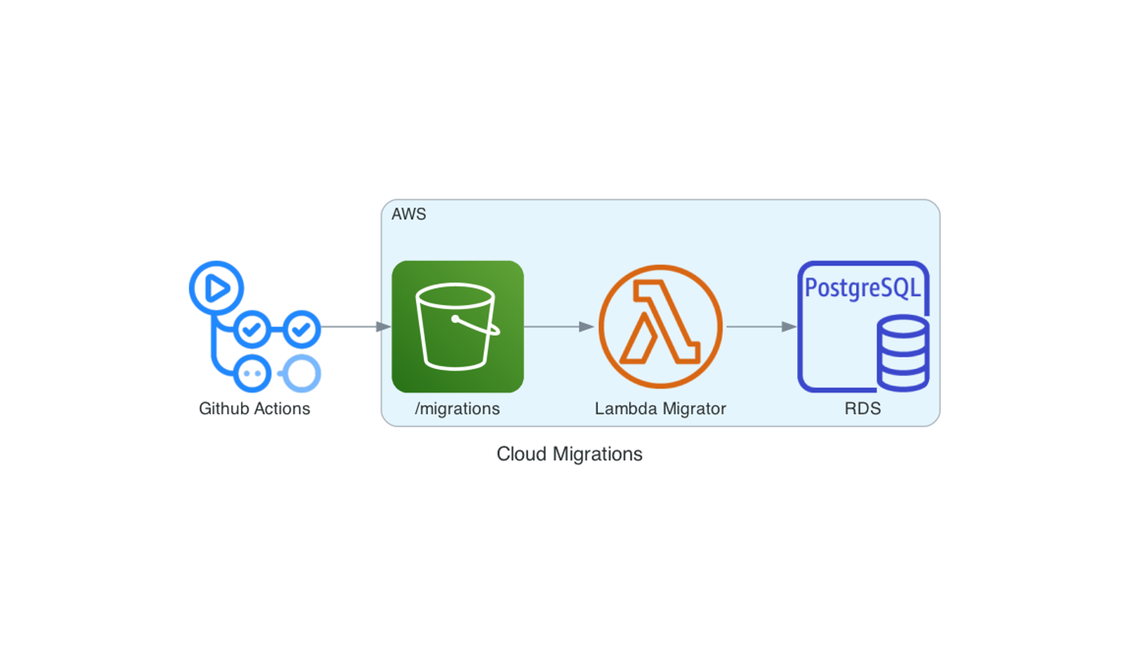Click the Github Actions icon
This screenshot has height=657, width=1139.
255,327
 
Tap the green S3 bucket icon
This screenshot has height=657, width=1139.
457,327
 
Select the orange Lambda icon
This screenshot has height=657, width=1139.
660,327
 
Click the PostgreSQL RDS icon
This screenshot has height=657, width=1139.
863,327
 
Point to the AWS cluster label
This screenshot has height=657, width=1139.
408,214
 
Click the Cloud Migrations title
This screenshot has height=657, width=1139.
569,454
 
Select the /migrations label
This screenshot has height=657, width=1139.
457,409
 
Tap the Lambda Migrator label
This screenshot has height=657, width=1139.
660,409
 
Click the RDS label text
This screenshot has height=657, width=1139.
862,409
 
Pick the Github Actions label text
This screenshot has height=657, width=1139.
255,409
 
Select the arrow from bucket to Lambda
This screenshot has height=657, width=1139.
558,327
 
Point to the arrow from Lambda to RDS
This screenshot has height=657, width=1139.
761,327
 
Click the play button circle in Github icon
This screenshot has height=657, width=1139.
216,288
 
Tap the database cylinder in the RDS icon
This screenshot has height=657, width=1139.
903,353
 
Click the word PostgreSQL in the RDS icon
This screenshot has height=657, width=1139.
862,288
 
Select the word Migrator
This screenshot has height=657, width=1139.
694,409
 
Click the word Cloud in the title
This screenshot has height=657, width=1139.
521,454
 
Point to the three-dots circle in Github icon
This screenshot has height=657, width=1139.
252,374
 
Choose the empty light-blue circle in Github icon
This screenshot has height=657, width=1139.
301,374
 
